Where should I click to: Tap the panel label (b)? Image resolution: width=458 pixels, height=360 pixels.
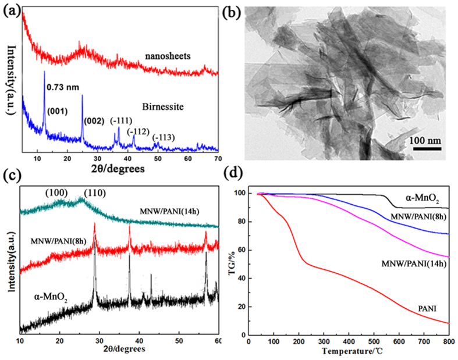[x=241, y=8]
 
